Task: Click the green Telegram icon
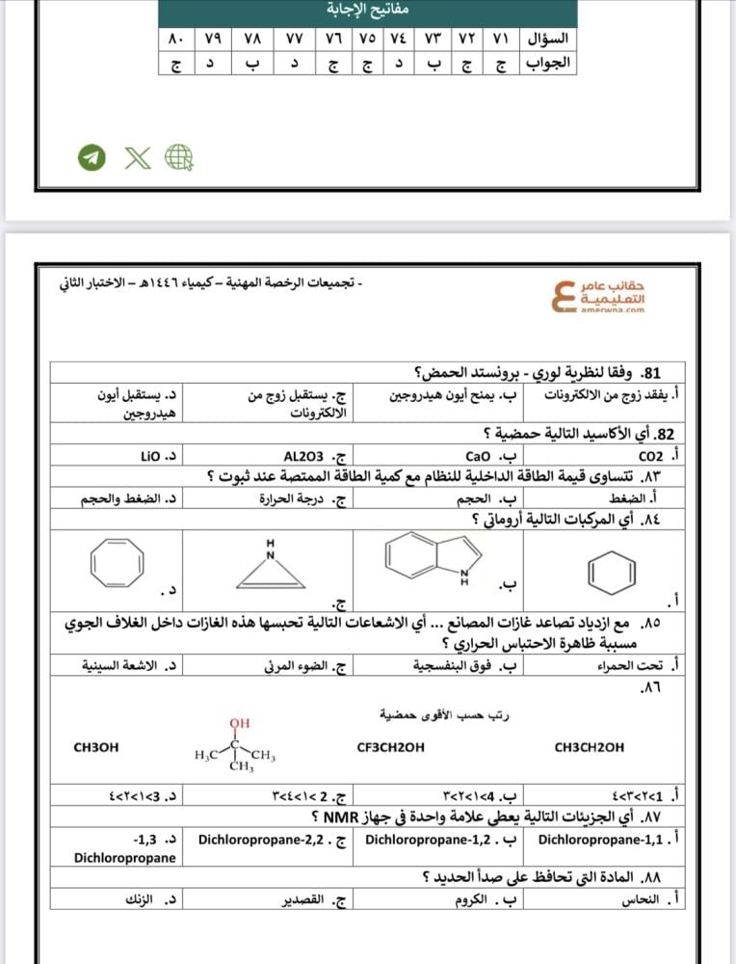92,157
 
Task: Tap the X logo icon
137,157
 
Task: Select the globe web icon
179,157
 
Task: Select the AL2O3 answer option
305,456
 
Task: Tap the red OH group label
240,723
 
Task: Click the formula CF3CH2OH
390,747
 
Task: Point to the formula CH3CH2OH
590,747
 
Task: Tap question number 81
650,372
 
